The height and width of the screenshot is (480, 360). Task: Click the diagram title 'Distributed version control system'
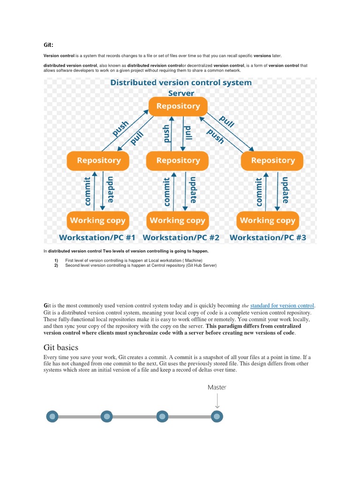click(181, 82)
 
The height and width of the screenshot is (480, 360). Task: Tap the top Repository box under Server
click(178, 106)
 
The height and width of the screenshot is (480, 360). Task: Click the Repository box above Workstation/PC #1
click(99, 161)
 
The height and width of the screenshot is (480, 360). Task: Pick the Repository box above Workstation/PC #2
click(178, 161)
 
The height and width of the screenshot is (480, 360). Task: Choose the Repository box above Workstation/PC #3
click(272, 161)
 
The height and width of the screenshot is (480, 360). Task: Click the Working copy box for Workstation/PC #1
click(97, 220)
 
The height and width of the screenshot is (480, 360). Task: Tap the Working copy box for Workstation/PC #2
click(177, 220)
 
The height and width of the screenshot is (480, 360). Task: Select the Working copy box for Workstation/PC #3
click(268, 220)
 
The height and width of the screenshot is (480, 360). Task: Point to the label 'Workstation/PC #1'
click(97, 238)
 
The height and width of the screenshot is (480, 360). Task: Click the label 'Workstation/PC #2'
click(181, 238)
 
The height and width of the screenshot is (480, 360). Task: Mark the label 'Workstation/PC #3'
click(268, 238)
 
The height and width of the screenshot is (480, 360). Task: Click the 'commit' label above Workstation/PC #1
click(87, 191)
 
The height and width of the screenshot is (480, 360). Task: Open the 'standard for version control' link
click(283, 306)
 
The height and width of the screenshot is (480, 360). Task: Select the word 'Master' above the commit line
click(217, 387)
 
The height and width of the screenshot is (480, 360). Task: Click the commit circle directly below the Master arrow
click(217, 416)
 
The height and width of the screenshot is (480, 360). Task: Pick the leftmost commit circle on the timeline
click(52, 416)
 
